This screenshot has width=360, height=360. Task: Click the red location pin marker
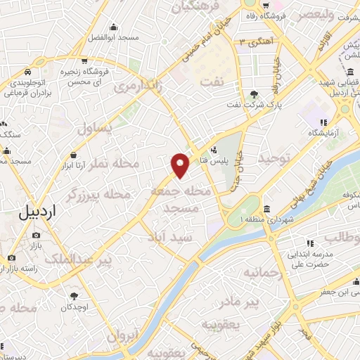coord(181,164)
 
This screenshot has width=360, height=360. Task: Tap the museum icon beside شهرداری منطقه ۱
coord(268,209)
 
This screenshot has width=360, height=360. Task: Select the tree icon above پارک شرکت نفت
coord(253,94)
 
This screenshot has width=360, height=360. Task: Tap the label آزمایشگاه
coord(322,132)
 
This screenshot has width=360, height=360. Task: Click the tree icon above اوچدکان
coord(75,296)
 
